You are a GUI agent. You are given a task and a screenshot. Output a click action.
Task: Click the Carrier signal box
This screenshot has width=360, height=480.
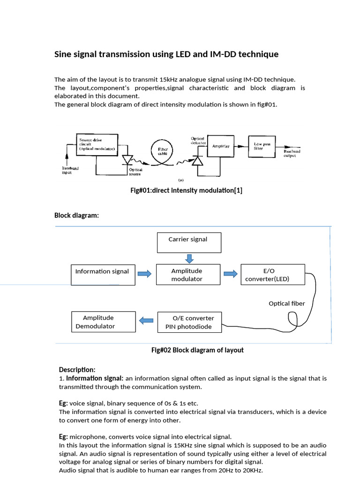tap(188, 242)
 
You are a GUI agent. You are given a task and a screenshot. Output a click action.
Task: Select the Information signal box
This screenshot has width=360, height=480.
tap(102, 274)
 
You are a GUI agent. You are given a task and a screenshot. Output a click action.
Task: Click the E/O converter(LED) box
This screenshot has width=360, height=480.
tap(272, 275)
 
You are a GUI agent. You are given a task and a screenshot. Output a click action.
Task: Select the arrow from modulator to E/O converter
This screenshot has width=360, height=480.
tap(230, 274)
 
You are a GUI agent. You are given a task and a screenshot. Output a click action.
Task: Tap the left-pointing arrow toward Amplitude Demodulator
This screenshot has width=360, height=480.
tap(146, 321)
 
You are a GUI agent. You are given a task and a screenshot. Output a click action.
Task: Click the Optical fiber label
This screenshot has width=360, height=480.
tap(286, 303)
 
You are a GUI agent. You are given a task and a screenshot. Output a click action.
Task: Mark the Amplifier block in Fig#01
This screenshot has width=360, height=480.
tap(221, 146)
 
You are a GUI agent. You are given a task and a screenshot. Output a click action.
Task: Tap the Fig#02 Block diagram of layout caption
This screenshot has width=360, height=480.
tap(197, 350)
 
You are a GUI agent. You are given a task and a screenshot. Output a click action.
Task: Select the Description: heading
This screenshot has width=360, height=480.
tap(77, 369)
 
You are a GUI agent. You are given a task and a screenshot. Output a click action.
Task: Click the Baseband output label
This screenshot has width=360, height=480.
tap(292, 154)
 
